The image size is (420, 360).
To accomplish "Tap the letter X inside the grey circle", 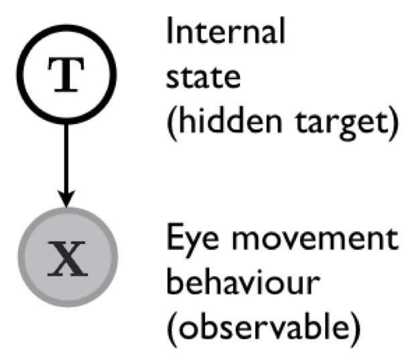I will click(x=65, y=260).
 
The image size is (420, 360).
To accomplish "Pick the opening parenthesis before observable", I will click(x=171, y=331).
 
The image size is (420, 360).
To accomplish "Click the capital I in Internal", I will click(x=169, y=31).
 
